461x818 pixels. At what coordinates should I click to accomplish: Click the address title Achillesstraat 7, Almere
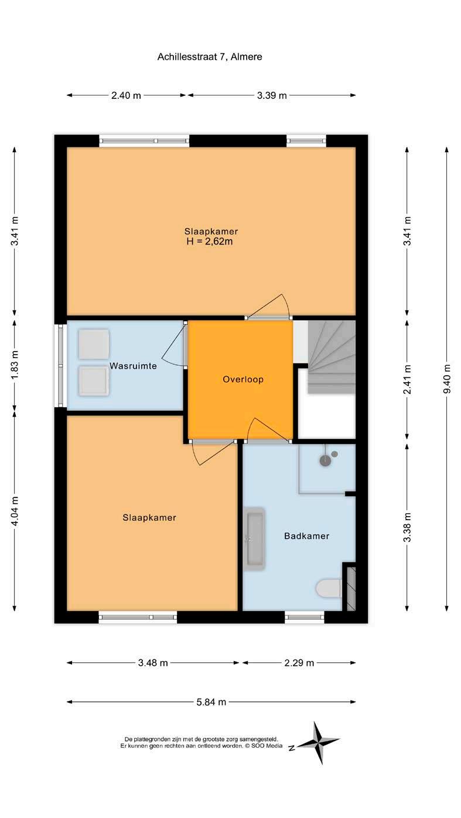coord(210,57)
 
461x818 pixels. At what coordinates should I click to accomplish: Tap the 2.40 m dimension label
coord(126,96)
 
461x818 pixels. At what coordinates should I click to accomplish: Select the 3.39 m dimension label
coord(272,96)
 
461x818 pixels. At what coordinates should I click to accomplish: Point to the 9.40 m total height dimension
coord(446,379)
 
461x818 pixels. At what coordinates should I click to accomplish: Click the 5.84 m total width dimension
coord(211,702)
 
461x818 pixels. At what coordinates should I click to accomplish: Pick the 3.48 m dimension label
coord(153,663)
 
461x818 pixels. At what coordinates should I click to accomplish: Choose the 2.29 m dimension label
coord(299,663)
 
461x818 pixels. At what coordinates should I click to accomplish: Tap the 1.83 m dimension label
coord(15,365)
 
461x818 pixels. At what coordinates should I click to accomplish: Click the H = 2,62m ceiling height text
coord(210,242)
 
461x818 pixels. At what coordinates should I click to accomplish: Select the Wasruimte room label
coord(133,366)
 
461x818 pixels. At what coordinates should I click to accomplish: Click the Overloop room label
coord(243,379)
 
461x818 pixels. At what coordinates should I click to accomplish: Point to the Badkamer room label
coord(307,536)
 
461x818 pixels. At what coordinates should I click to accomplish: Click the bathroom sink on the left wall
coord(255,539)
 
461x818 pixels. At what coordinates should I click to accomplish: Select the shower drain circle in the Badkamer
coord(325,461)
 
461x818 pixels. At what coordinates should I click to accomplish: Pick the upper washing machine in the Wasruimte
coord(94,344)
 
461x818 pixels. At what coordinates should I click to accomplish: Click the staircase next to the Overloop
coord(332,357)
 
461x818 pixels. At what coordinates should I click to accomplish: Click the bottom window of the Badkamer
coord(305,617)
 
